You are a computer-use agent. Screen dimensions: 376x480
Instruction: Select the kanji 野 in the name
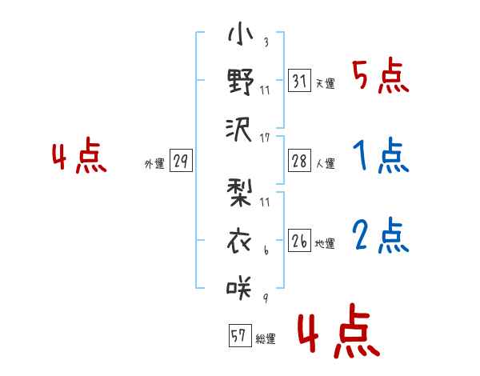[x=240, y=82]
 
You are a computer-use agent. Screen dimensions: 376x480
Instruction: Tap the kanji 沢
[x=240, y=128]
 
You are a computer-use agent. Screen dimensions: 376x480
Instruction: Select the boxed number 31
[x=299, y=82]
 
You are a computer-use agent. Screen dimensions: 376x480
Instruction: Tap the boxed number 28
[x=299, y=161]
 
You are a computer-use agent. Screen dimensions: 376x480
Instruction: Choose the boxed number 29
[x=181, y=162]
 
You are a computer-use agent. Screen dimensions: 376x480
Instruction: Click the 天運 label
[x=325, y=83]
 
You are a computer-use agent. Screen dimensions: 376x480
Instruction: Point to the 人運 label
[x=325, y=163]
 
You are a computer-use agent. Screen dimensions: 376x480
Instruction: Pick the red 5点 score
[x=380, y=76]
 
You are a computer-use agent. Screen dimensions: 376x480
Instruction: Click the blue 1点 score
[x=380, y=156]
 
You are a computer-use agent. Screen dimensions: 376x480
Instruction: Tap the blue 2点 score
[x=380, y=235]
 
